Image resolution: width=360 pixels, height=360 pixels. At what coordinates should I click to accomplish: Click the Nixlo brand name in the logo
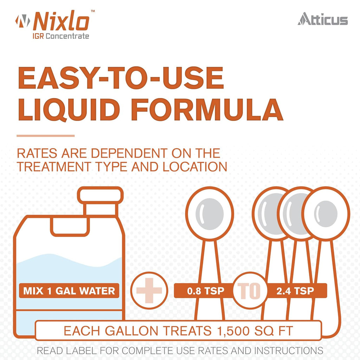[x=61, y=21]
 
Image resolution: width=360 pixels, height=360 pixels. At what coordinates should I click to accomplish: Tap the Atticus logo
[x=323, y=19]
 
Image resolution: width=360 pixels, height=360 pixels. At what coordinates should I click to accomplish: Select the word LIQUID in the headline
[x=69, y=110]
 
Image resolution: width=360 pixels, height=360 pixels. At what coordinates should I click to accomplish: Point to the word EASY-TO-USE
[x=121, y=78]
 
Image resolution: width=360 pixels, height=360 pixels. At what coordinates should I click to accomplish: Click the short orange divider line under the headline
[x=46, y=136]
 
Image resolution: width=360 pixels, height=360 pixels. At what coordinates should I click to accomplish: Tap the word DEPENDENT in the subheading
[x=129, y=153]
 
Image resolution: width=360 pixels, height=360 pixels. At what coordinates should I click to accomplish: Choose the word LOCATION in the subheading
[x=195, y=167]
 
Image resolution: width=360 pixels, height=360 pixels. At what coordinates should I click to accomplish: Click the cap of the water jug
[x=100, y=195]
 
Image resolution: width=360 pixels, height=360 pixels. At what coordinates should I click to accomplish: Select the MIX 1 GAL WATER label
[x=69, y=291]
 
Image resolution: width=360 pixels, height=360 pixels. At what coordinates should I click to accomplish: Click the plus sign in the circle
[x=149, y=290]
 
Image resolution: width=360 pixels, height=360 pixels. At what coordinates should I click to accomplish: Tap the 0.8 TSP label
[x=205, y=291]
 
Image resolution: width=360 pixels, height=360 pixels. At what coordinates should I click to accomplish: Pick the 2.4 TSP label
[x=295, y=291]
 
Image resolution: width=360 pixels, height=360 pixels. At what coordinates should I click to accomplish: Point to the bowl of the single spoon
[x=210, y=214]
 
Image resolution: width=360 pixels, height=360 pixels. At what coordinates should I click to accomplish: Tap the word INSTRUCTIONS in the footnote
[x=289, y=351]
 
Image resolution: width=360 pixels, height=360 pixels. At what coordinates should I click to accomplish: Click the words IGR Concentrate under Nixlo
[x=61, y=36]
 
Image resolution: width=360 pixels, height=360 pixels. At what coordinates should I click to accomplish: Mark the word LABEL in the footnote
[x=81, y=351]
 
